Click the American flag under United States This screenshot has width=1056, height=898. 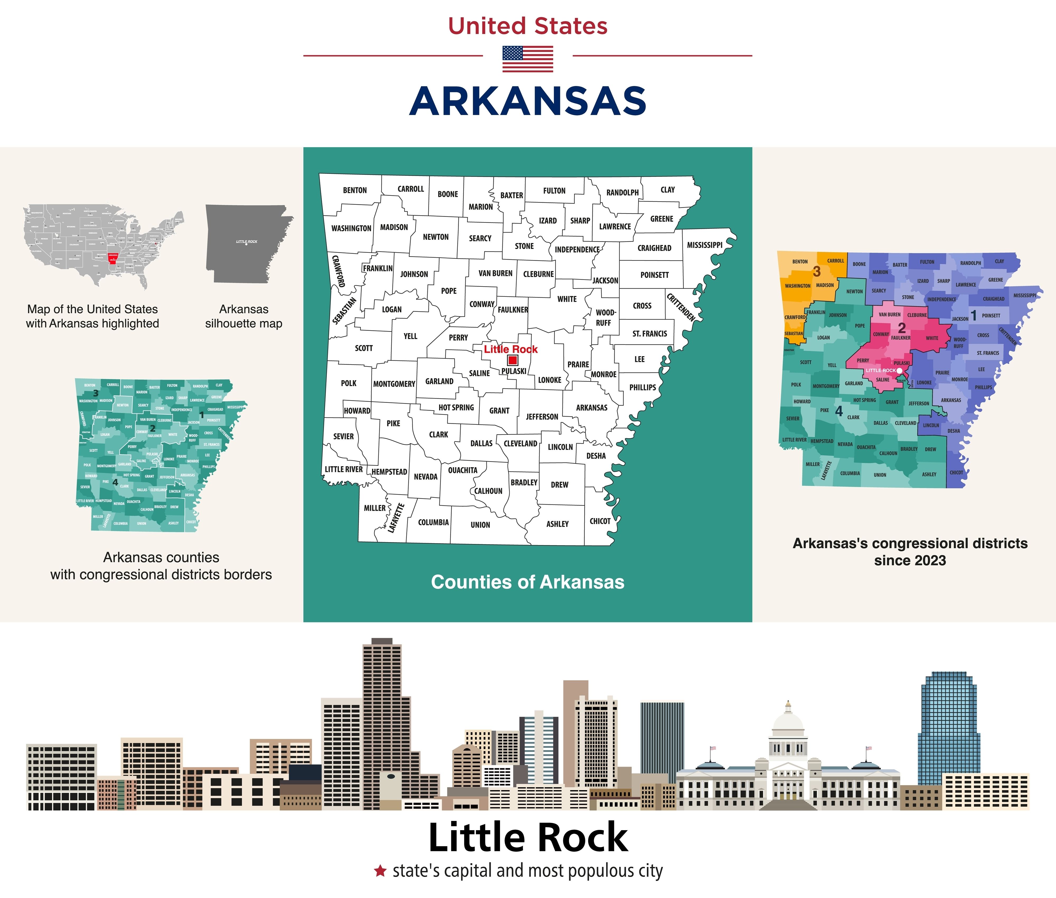click(528, 59)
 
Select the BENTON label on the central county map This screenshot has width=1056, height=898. click(355, 190)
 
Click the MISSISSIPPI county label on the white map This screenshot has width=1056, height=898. click(705, 245)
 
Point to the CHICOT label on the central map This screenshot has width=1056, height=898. click(600, 521)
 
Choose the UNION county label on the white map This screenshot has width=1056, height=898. click(480, 525)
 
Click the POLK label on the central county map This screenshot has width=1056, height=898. click(348, 383)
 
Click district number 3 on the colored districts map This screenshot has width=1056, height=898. click(817, 272)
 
